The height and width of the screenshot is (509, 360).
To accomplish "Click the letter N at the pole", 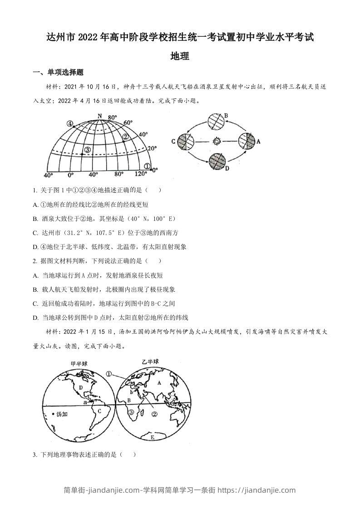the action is tap(99, 116).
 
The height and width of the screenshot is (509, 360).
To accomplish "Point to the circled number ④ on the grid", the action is tap(69, 123).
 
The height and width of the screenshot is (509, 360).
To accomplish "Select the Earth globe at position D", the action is tap(217, 161).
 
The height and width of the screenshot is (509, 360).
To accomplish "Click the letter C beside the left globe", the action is tap(173, 141).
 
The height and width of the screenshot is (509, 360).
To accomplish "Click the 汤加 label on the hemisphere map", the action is tap(61, 414).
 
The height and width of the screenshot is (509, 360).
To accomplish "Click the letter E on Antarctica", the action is tap(152, 437).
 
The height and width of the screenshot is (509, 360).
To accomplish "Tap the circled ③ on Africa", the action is tap(131, 412).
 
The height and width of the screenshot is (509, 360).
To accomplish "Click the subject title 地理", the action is tap(179, 56).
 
